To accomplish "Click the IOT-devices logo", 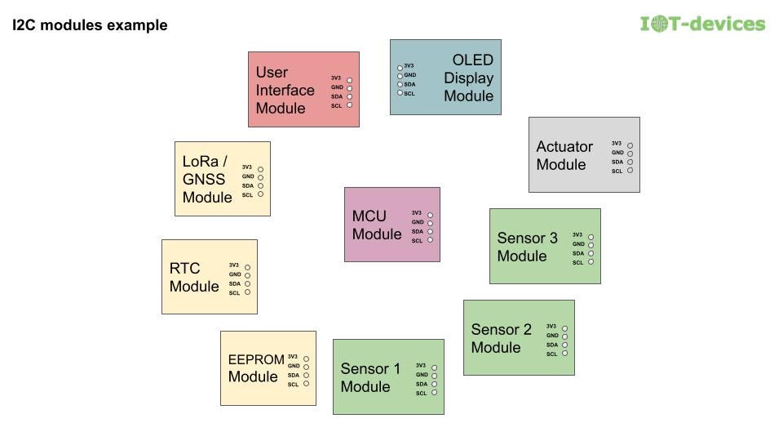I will (703, 24).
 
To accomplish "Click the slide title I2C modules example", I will (90, 25).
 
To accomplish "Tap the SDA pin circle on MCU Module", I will (430, 231).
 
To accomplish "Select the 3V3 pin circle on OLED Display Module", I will (400, 66).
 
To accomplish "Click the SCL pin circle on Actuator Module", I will (630, 170).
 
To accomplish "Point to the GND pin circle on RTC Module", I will (247, 274).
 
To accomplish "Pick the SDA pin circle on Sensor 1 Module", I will (434, 384).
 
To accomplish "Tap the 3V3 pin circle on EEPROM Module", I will (306, 357).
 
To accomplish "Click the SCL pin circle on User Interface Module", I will (349, 105).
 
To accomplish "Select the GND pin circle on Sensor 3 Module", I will (591, 244).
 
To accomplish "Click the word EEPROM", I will (256, 359).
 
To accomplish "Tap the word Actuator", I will (564, 147).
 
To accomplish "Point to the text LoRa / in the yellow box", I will (204, 161).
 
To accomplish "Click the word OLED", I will (473, 60).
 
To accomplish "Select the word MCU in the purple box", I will (369, 216).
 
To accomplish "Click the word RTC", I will (184, 269).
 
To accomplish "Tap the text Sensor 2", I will (501, 330).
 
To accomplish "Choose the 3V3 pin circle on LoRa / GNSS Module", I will (260, 168).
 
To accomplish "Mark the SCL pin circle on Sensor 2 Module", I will (564, 354).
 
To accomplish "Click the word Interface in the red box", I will (285, 90).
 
